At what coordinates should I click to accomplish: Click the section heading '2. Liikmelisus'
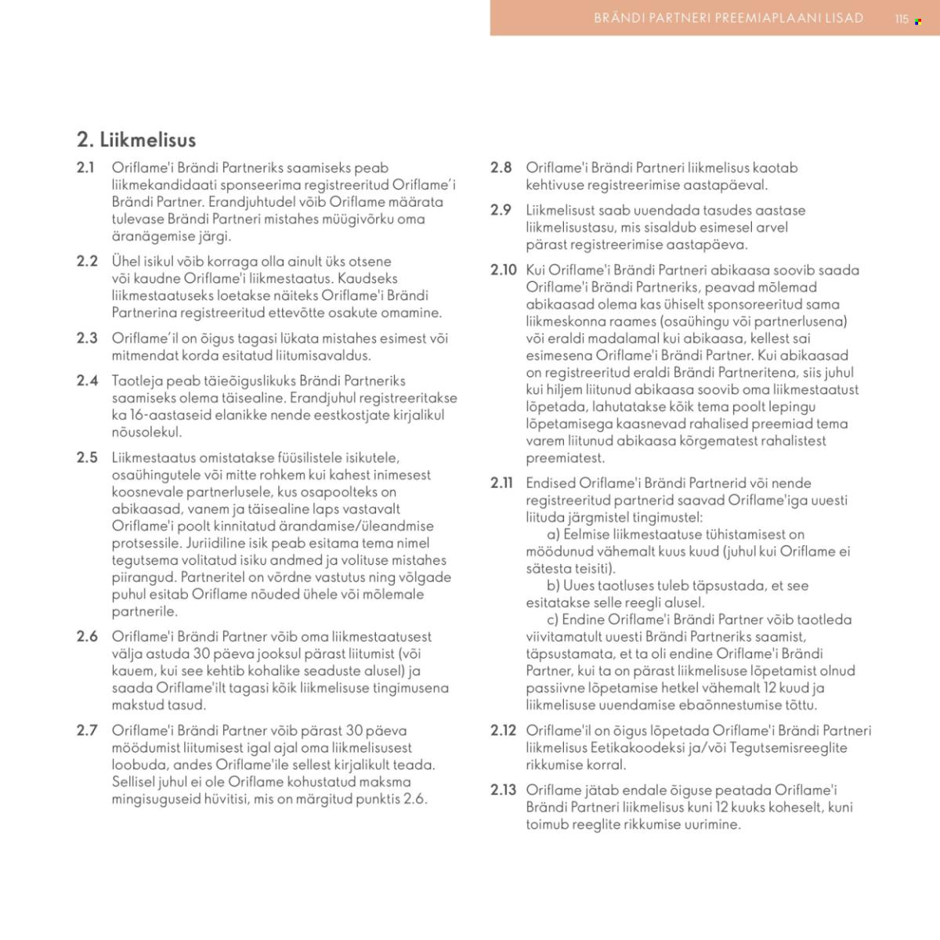tap(136, 140)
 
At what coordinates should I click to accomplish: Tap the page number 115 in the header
tap(902, 19)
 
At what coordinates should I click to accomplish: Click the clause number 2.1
tap(85, 168)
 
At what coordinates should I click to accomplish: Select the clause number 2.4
tap(87, 381)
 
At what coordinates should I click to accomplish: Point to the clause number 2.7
tap(87, 731)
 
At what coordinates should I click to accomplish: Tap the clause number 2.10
tap(504, 270)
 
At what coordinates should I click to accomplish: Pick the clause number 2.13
tap(504, 790)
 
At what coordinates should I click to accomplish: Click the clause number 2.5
tap(87, 457)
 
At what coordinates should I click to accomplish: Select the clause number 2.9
tap(501, 211)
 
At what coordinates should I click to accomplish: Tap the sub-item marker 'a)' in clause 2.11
tap(554, 534)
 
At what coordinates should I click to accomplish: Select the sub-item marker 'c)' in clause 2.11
tap(553, 620)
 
